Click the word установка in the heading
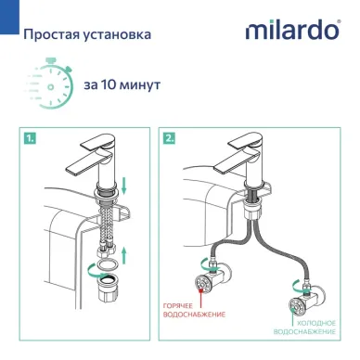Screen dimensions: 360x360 [x=121, y=36]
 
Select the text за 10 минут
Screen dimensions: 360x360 [x=122, y=84]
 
